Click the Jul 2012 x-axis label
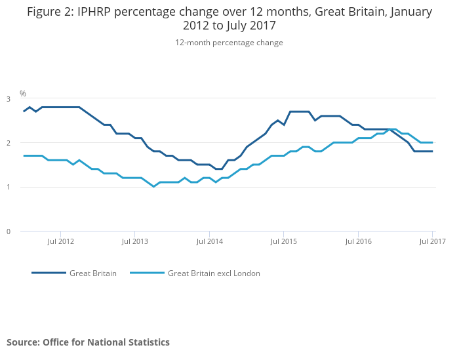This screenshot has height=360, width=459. [60, 241]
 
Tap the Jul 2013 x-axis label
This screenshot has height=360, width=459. [134, 241]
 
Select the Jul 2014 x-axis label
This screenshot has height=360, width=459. [209, 241]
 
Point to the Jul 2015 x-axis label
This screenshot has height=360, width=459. [283, 241]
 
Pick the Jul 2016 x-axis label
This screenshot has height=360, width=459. [358, 241]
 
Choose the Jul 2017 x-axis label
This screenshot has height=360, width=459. [432, 241]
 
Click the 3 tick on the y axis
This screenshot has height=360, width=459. [9, 99]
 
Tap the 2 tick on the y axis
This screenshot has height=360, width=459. [9, 143]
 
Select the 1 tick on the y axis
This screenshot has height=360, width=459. [9, 187]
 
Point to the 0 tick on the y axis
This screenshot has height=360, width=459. [9, 231]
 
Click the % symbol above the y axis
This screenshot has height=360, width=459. [23, 94]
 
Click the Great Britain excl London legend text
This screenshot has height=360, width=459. [214, 273]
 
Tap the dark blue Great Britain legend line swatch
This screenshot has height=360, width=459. [49, 273]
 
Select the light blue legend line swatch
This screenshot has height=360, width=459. [147, 273]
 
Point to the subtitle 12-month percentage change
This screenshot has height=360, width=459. [229, 43]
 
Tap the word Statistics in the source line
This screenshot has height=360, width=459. [148, 342]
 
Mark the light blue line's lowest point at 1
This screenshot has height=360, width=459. [154, 187]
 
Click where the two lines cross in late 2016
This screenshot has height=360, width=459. [389, 129]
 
